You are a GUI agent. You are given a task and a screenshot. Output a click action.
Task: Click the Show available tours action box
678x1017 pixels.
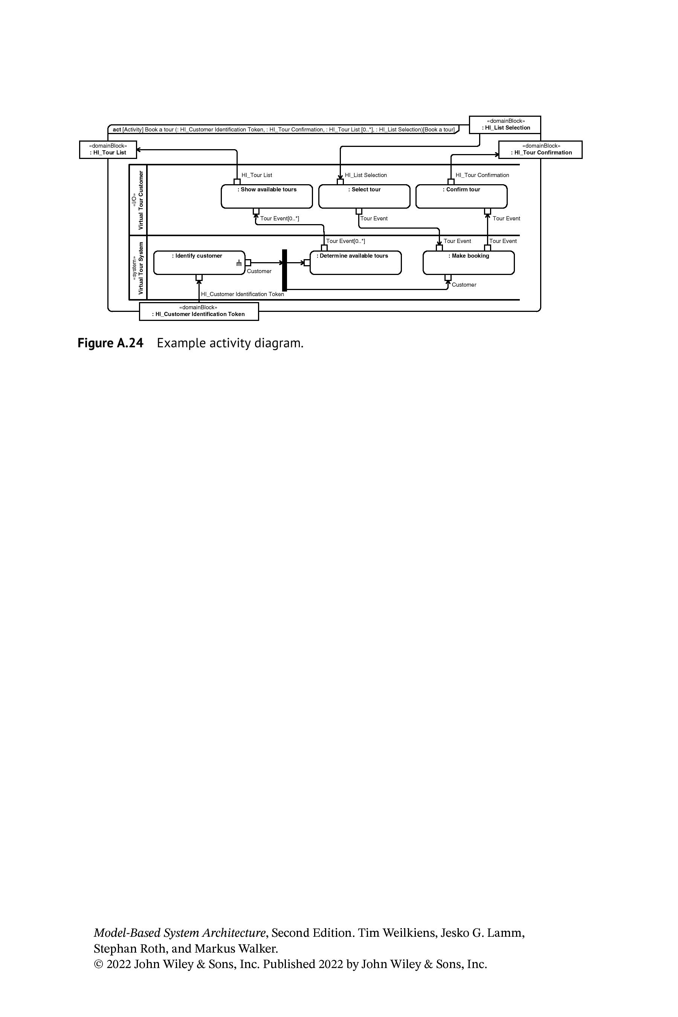point(267,196)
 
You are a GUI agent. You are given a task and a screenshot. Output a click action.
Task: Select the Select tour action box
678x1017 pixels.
point(364,196)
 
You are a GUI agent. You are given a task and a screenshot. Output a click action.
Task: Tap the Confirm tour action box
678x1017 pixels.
point(461,196)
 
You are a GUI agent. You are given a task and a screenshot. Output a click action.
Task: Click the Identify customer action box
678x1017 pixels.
point(199,263)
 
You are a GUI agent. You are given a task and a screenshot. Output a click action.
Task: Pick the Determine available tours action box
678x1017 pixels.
point(356,263)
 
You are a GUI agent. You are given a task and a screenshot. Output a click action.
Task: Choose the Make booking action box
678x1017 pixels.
point(469,263)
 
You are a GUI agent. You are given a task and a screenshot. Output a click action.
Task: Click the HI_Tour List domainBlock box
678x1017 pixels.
point(108,150)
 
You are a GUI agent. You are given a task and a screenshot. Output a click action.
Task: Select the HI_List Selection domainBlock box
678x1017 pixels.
point(505,125)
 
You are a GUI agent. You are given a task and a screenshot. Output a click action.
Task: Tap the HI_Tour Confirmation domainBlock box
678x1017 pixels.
point(541,150)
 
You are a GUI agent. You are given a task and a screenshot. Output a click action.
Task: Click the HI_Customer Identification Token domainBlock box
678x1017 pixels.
point(199,312)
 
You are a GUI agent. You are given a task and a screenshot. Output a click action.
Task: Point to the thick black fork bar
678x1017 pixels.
point(284,270)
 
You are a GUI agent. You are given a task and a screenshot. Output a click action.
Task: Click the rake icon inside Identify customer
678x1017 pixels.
point(239,263)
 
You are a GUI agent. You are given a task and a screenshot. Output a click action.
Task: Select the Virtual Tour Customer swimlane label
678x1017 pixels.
point(137,200)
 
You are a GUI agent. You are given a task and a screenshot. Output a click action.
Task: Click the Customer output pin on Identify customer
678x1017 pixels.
point(248,263)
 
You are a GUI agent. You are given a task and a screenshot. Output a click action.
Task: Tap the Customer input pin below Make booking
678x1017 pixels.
point(448,278)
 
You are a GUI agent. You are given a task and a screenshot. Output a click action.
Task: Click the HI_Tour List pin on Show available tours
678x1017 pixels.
point(237,182)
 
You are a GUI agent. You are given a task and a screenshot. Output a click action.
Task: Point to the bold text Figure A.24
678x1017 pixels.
point(110,343)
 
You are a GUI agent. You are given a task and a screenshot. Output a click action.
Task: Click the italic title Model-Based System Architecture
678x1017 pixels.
point(179,933)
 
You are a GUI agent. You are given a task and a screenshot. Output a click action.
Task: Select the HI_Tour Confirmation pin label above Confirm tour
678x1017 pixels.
point(482,175)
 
